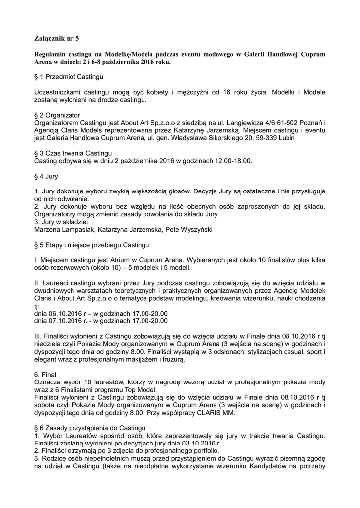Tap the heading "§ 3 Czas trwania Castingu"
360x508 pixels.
tap(73, 153)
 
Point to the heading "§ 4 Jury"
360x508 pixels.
tap(46, 176)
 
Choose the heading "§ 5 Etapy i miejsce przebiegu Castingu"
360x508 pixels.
tap(91, 245)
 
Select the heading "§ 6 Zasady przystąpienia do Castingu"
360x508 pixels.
tap(89, 427)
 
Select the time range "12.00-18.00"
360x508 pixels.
tap(232, 161)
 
